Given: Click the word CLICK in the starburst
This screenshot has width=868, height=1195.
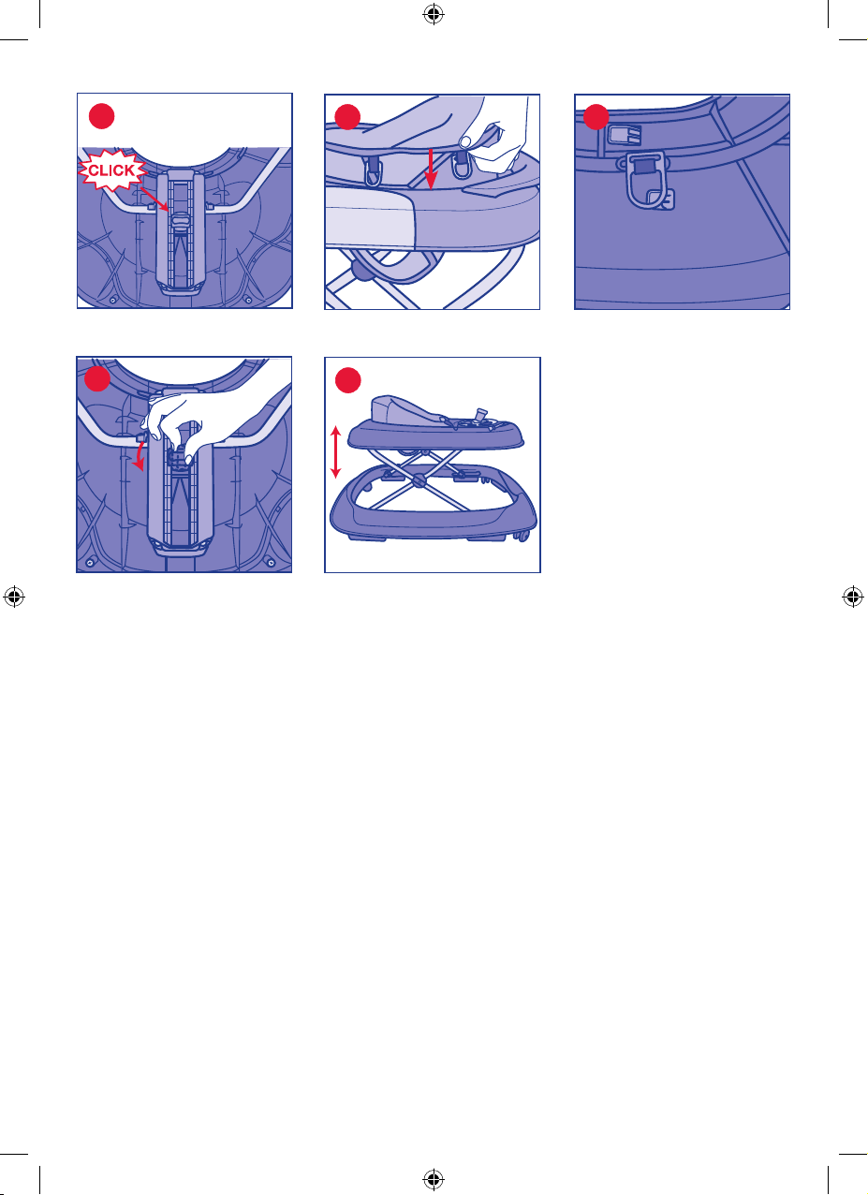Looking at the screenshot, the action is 111,170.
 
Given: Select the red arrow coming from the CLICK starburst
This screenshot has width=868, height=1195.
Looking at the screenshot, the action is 154,199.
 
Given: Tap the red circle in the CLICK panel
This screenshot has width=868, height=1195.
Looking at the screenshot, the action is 101,116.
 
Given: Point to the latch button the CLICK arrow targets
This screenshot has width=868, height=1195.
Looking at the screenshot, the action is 181,219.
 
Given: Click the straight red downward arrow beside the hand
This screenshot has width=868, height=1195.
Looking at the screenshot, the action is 431,170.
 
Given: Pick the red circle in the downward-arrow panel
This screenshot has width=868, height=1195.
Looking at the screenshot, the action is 347,117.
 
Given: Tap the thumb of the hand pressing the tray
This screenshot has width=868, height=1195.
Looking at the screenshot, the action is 466,140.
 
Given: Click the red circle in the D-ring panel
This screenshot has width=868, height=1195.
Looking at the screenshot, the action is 596,117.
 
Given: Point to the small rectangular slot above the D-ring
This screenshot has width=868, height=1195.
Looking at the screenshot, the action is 625,135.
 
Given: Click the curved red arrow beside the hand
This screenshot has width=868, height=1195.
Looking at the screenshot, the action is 140,454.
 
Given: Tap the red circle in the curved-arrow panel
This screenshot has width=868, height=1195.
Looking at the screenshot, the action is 97,378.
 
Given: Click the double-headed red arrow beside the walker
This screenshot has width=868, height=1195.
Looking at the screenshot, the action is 335,451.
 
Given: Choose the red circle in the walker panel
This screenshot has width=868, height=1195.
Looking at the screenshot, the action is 347,380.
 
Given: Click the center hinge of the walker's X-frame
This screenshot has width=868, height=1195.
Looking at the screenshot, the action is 419,480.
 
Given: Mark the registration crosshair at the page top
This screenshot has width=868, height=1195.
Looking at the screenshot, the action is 434,15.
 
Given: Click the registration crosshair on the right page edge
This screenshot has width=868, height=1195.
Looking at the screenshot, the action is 853,597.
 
